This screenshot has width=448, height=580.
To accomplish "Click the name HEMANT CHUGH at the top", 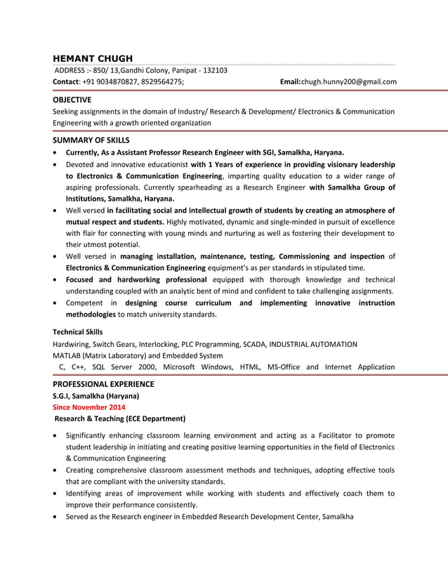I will click(93, 58).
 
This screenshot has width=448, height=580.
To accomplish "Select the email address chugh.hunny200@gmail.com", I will click(349, 81).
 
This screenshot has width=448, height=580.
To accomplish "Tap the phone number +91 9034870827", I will click(105, 81).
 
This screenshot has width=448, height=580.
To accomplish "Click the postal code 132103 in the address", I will click(213, 70).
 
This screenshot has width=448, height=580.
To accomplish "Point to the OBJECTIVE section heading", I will click(72, 100).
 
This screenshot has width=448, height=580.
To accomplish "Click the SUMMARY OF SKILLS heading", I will click(91, 140).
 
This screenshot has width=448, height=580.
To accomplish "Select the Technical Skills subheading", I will click(78, 331).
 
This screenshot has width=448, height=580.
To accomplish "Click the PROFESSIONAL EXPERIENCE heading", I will click(103, 384).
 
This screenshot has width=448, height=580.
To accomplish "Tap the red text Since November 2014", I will click(89, 407).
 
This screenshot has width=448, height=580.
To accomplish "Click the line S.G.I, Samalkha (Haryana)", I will click(96, 396).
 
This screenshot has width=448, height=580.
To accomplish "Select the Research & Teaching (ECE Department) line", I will click(120, 418).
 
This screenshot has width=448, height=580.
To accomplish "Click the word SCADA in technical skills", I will click(253, 344).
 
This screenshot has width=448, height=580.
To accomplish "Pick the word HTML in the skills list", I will click(250, 367).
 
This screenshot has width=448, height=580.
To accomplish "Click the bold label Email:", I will click(290, 81).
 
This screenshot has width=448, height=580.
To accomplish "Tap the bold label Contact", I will click(68, 81).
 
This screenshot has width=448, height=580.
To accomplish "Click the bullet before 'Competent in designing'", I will click(56, 303).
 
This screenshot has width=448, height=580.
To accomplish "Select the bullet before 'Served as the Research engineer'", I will click(56, 517).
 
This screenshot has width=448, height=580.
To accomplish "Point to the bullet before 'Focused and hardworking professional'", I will click(56, 279).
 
